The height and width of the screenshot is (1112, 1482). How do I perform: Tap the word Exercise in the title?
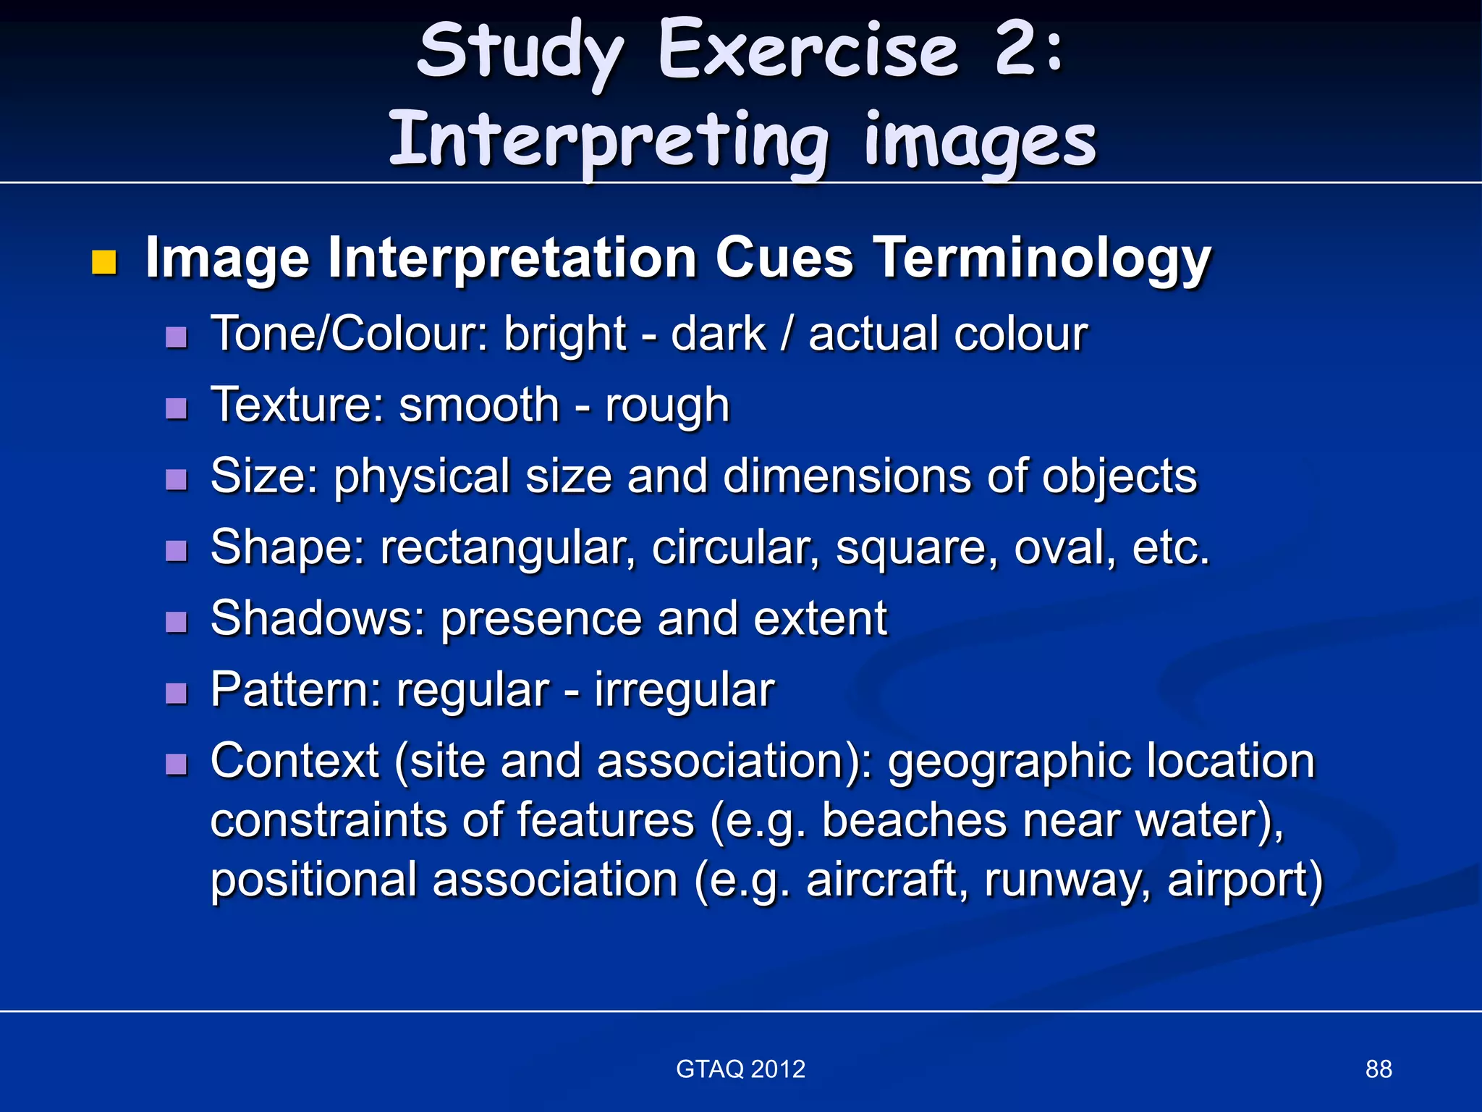pyautogui.click(x=808, y=51)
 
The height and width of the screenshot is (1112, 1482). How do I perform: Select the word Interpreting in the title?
pyautogui.click(x=608, y=141)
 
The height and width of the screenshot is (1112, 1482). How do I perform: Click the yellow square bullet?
pyautogui.click(x=104, y=262)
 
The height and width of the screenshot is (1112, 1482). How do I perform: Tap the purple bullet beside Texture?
pyautogui.click(x=177, y=408)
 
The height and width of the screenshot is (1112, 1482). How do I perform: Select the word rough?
pyautogui.click(x=666, y=405)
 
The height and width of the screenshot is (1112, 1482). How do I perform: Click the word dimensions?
pyautogui.click(x=847, y=476)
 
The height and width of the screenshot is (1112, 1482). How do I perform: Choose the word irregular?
pyautogui.click(x=684, y=690)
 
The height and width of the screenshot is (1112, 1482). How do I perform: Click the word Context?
pyautogui.click(x=295, y=762)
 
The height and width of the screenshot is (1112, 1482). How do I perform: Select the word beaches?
pyautogui.click(x=914, y=821)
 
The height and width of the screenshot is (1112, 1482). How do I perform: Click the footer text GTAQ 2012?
pyautogui.click(x=740, y=1069)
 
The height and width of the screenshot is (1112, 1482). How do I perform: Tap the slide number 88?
pyautogui.click(x=1378, y=1069)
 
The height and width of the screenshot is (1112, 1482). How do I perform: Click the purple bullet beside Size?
pyautogui.click(x=177, y=479)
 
